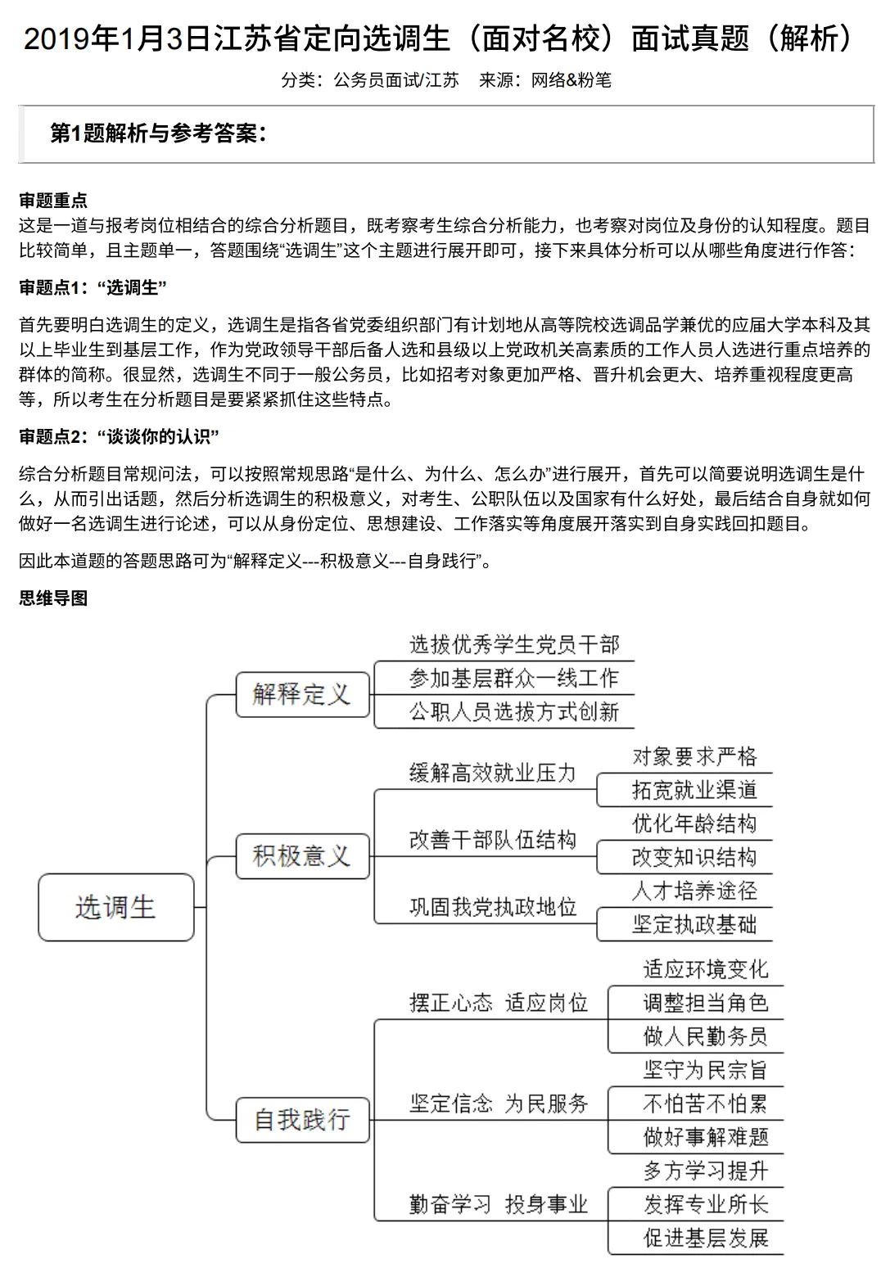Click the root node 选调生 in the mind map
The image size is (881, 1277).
click(115, 906)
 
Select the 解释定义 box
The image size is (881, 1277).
click(302, 694)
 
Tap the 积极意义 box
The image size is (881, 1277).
click(302, 855)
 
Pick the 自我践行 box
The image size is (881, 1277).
click(302, 1119)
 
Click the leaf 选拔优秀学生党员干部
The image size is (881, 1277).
click(514, 645)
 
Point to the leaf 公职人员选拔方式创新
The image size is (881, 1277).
click(514, 711)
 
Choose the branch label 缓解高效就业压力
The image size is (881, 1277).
click(493, 773)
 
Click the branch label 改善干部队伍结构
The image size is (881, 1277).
click(493, 840)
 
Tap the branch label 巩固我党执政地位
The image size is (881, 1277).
click(493, 907)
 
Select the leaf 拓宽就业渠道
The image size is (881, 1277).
click(694, 790)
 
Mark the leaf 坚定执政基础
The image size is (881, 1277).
click(694, 924)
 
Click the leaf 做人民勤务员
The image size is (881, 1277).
click(705, 1036)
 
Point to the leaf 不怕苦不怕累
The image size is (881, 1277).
click(705, 1103)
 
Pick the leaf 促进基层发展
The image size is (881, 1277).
click(705, 1238)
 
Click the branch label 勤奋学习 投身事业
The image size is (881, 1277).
click(499, 1204)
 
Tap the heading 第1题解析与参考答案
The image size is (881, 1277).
click(158, 133)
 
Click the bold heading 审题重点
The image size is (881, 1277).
click(53, 201)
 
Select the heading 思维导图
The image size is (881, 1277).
click(53, 598)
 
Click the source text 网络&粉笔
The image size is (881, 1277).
click(571, 80)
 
